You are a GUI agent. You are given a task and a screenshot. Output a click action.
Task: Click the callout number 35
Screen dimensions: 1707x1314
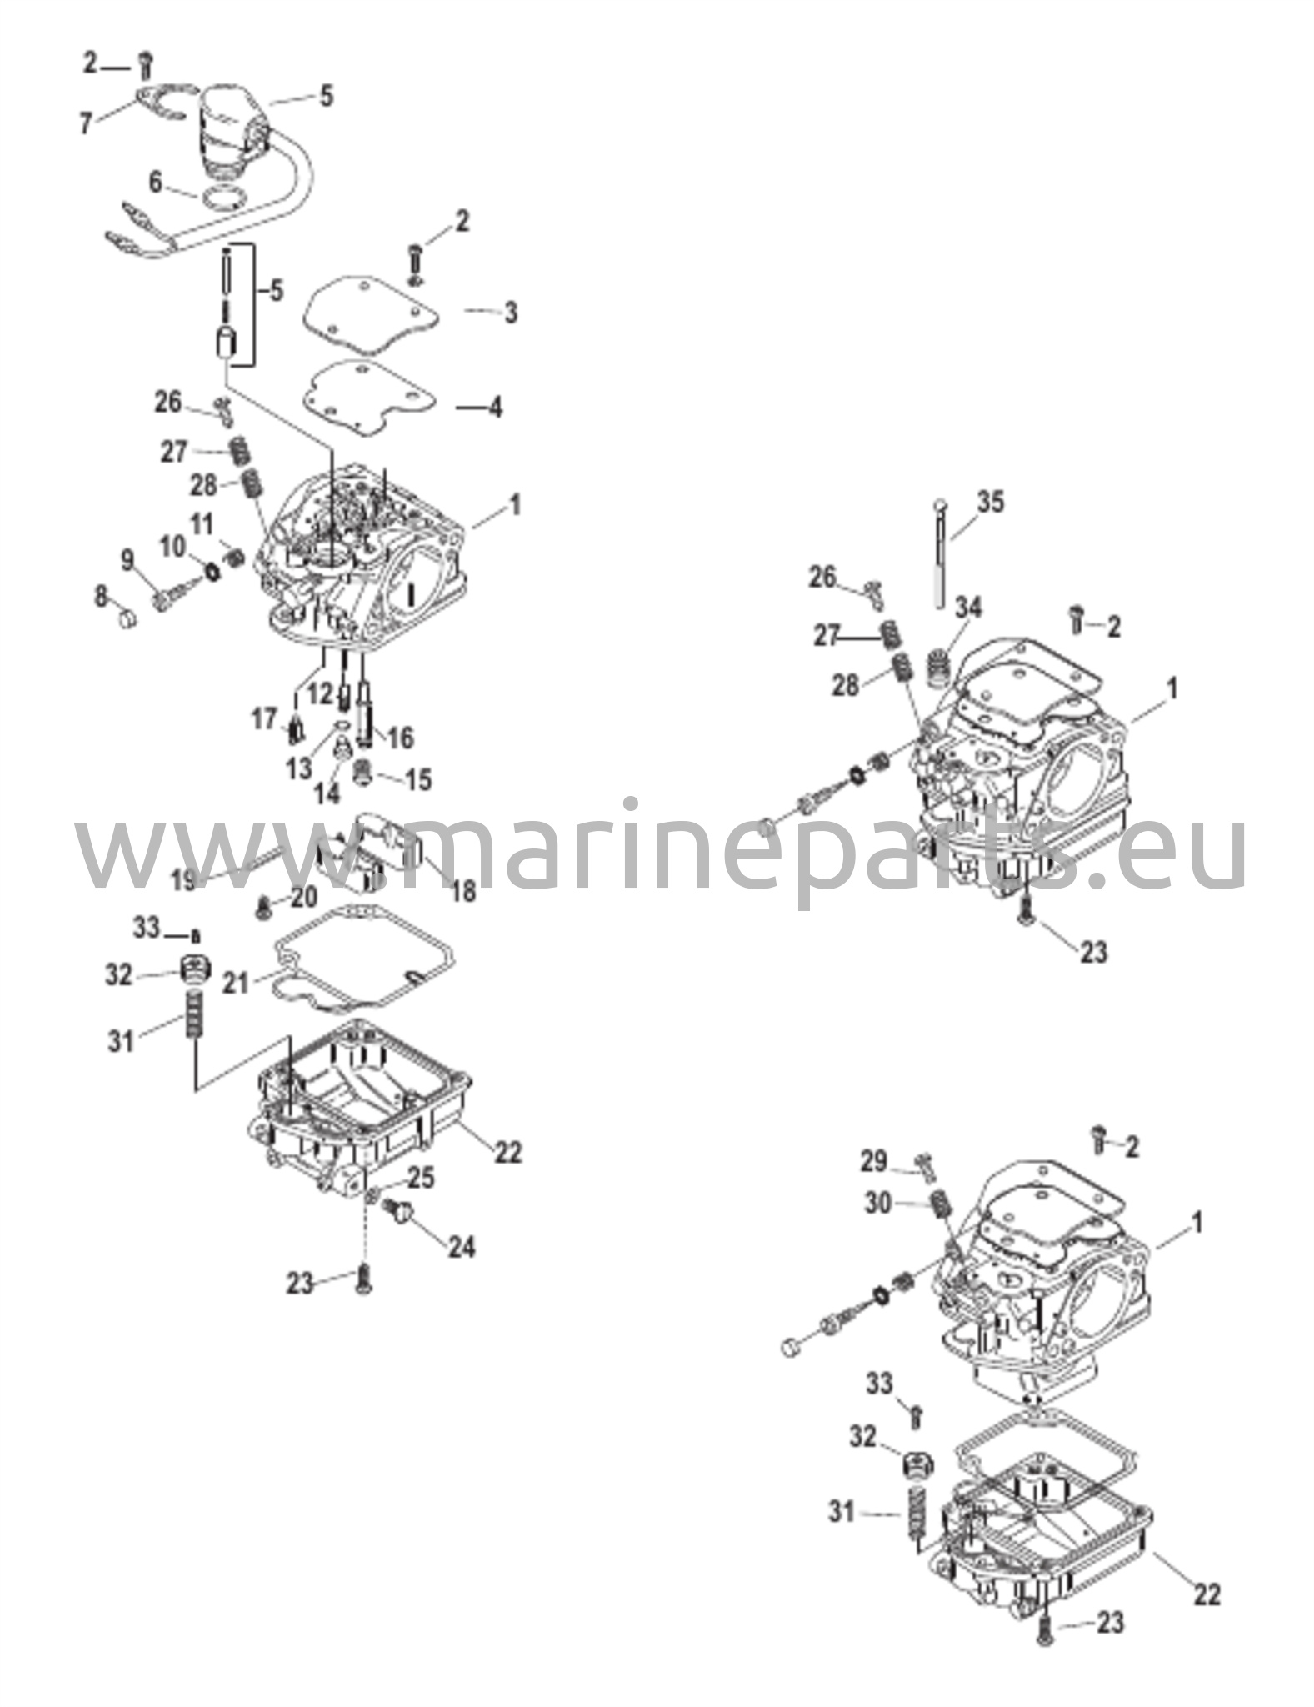pos(991,503)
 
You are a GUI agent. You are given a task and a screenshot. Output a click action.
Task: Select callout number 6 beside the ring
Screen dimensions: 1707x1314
pos(156,182)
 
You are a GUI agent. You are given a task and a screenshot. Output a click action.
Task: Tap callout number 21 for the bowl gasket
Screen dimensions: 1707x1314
pos(236,984)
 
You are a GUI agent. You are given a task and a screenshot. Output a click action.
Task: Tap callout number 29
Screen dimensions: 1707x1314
pos(874,1161)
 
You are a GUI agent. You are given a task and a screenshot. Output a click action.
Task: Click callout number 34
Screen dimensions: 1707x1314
pos(968,608)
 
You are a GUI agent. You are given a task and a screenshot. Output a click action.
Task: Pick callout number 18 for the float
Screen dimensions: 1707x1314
pos(463,891)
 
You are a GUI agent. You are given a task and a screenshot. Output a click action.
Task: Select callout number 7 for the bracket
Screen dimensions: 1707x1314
pos(86,124)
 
